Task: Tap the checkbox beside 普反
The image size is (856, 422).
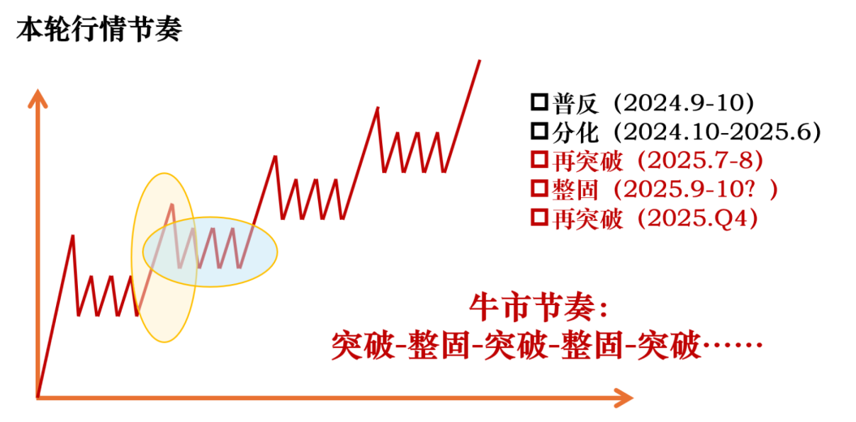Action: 539,103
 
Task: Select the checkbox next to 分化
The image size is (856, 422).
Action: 539,131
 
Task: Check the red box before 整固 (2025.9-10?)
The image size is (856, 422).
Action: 539,189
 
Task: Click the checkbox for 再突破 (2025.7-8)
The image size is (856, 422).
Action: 539,160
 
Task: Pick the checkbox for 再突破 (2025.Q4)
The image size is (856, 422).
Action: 539,217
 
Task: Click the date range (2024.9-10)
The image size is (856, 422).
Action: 684,103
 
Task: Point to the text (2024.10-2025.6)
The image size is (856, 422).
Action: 717,131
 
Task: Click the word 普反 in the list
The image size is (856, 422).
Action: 576,103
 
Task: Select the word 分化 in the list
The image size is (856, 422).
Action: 576,131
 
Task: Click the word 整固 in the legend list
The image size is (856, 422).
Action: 576,189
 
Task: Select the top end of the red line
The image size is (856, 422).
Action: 480,60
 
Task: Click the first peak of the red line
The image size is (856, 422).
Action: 73,236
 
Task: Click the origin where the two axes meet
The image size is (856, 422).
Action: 37,397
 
